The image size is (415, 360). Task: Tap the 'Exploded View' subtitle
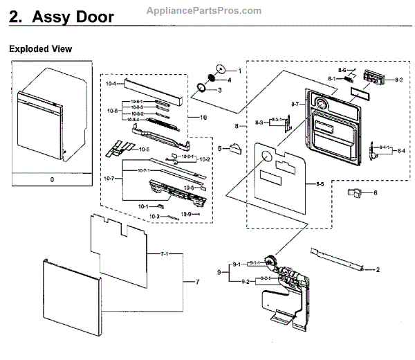point(40,49)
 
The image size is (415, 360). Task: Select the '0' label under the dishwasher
point(51,179)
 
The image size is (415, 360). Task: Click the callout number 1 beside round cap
point(239,71)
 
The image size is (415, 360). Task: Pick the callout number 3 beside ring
point(219,90)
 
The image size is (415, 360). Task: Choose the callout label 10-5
point(145,149)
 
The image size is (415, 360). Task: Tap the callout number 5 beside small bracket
point(220,148)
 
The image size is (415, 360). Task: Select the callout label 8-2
point(398,80)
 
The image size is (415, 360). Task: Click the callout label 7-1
point(165,255)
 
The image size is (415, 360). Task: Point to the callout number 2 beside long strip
point(378,269)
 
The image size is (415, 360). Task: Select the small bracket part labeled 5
point(234,148)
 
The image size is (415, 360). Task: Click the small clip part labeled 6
point(355,192)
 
